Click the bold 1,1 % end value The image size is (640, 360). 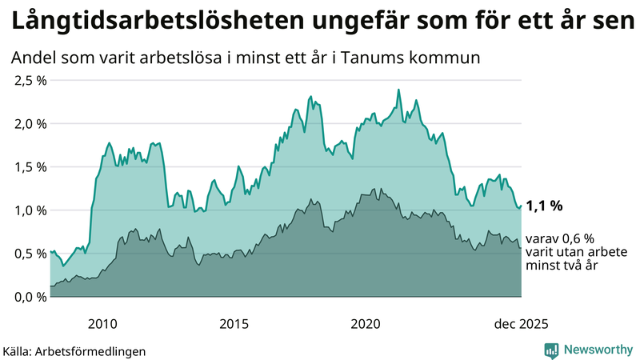pos(545,206)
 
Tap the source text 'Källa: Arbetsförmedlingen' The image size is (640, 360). pos(74,350)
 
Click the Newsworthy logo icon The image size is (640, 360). pos(551,350)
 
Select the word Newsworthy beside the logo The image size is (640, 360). pos(597,350)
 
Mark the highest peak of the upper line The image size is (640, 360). pos(398,90)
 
